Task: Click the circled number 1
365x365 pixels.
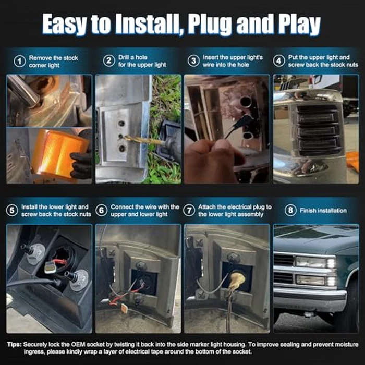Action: [x=20, y=62]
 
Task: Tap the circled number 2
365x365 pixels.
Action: [x=109, y=61]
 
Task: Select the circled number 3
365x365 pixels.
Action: [x=193, y=61]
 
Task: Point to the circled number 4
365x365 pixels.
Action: [x=279, y=61]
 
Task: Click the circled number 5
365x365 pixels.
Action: [x=12, y=211]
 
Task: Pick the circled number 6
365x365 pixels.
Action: [x=102, y=211]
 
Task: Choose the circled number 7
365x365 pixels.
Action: [x=189, y=211]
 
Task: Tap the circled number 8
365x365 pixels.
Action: [x=290, y=210]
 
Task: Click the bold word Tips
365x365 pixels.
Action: [x=14, y=344]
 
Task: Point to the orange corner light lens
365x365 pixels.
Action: [x=59, y=152]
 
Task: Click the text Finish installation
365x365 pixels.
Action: [x=323, y=211]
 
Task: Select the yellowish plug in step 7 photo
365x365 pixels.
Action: [x=237, y=280]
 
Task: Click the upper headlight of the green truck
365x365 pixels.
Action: [x=311, y=262]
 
